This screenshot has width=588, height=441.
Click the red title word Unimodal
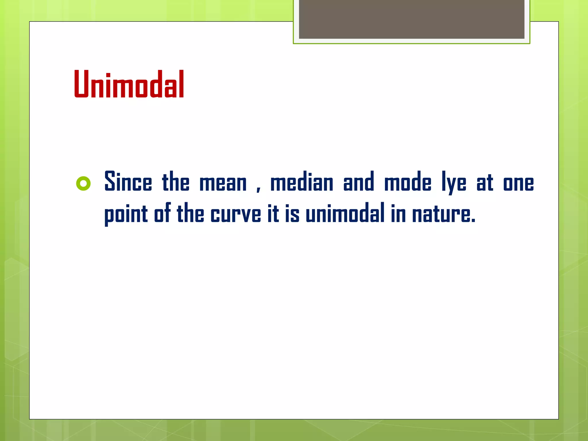coord(129,84)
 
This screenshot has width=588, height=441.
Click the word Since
coord(128,181)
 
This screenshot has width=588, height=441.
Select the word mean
coord(223,183)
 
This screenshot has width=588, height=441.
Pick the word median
coord(302,181)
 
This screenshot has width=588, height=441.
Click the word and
coord(359,181)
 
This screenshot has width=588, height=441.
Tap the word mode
coord(408,181)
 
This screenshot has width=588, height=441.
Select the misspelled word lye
coord(454,183)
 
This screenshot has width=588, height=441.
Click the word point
coord(126,214)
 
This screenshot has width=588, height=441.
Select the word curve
coord(236,215)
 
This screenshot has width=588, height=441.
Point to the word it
coord(273,213)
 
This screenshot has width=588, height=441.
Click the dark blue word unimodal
coord(345,213)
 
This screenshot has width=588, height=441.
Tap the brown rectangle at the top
coord(411,19)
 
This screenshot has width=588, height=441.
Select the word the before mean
coord(176,181)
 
